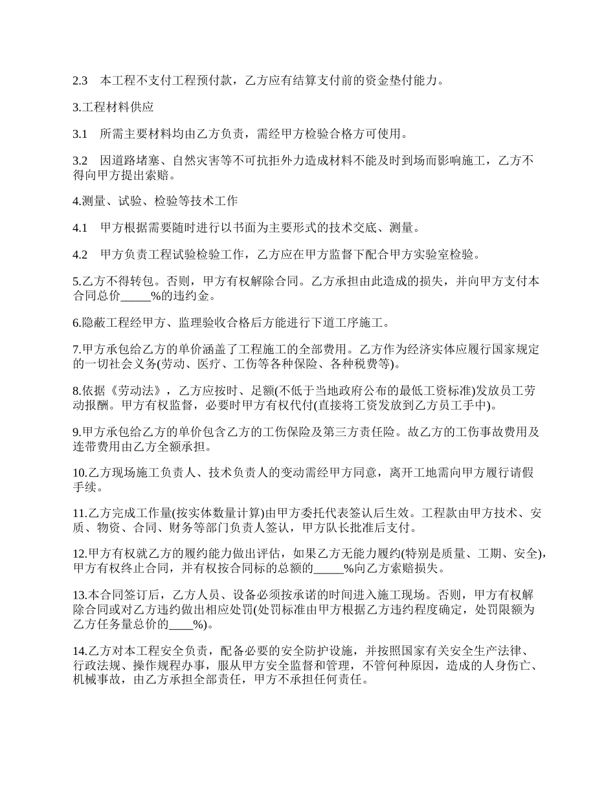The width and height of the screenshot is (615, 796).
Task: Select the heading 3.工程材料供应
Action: pyautogui.click(x=113, y=107)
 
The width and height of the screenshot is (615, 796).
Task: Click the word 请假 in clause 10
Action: pyautogui.click(x=521, y=474)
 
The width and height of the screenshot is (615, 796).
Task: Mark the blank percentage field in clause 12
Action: pyautogui.click(x=328, y=569)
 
